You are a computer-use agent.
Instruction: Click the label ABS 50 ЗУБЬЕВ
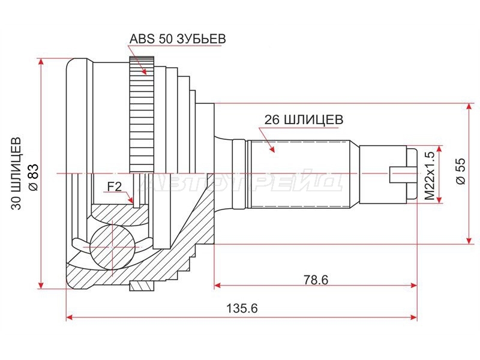click(x=178, y=39)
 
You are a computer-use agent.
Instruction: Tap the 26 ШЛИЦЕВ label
click(x=304, y=119)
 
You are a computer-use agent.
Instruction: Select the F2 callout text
click(x=115, y=186)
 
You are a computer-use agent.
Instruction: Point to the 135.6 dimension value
click(x=242, y=308)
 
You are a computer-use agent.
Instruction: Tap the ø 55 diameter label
click(x=461, y=170)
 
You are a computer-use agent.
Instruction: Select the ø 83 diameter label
click(x=33, y=176)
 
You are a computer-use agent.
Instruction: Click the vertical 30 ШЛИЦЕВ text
click(x=17, y=173)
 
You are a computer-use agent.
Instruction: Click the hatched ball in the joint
click(x=112, y=247)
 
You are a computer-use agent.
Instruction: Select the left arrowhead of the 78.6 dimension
click(x=217, y=286)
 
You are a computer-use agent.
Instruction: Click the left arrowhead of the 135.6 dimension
click(x=70, y=317)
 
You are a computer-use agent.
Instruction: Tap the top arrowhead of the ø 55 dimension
click(x=469, y=107)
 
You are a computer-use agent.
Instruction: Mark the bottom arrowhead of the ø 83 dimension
click(x=41, y=284)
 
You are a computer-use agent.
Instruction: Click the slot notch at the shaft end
click(x=398, y=175)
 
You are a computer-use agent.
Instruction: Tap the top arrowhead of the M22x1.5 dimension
click(x=440, y=149)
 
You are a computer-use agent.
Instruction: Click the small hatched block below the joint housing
click(x=142, y=286)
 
